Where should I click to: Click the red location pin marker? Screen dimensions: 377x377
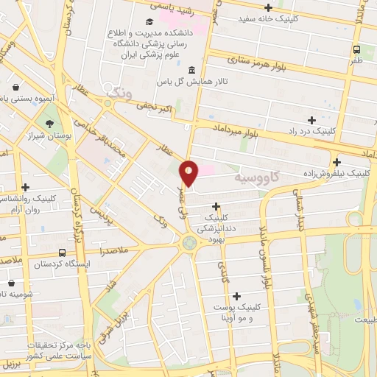tap(189, 173)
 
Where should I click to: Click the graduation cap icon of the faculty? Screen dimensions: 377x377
tap(149, 23)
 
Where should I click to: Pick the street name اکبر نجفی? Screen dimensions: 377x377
tap(155, 109)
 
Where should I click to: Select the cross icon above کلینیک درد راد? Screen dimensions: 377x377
tap(311, 119)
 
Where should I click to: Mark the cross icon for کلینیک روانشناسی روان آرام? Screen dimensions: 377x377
tap(26, 187)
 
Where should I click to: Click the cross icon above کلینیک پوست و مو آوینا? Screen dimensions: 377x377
tap(236, 295)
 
